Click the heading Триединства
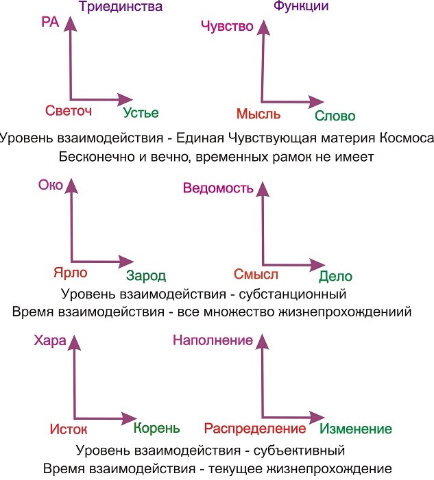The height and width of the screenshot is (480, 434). (121, 7)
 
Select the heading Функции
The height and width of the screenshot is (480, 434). (301, 6)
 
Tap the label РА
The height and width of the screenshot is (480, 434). (50, 22)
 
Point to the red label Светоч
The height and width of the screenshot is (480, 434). (69, 110)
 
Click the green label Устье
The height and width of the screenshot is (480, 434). (141, 113)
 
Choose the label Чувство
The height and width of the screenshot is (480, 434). (227, 26)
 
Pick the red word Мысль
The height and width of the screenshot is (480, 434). (258, 114)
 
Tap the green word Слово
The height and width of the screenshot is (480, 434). (335, 116)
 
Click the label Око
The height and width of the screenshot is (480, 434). (51, 185)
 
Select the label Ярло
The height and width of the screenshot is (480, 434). (71, 273)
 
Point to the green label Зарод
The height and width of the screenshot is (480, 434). (146, 276)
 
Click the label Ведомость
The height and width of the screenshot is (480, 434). (218, 188)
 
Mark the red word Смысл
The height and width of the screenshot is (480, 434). (256, 275)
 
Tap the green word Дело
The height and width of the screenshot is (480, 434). (336, 277)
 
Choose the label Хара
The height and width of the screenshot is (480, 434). (50, 341)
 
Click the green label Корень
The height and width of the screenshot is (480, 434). (156, 428)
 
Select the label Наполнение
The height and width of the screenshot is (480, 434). (213, 340)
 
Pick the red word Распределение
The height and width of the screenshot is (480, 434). (255, 429)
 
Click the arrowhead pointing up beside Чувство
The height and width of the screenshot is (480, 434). (263, 28)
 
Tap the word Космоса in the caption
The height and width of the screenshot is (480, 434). (407, 138)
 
